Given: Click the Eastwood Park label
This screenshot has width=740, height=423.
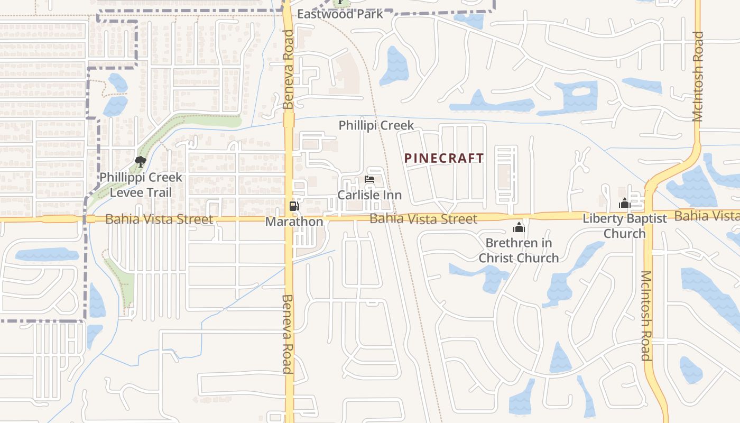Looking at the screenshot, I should point(340,14).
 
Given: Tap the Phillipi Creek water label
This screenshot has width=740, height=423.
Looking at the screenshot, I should point(376,125).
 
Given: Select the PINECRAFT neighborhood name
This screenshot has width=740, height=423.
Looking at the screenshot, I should point(444,158).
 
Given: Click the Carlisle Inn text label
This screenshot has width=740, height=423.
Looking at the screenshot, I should point(369,195).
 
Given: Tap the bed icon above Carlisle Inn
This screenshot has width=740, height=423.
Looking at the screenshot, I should point(369,180).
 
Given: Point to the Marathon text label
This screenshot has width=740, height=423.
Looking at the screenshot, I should point(294,222).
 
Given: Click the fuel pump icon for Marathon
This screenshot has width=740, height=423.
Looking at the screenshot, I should point(294,206).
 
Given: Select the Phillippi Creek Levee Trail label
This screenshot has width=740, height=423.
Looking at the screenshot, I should point(141,185).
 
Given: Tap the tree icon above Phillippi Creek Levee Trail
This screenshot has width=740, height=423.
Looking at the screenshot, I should point(140,161).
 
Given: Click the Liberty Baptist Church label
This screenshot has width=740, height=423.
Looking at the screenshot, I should point(625,226).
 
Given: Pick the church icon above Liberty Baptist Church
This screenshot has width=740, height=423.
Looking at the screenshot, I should point(624,203).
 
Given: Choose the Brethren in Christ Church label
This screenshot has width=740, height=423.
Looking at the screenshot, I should point(519,251).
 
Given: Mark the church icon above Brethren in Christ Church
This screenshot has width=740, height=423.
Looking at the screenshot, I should point(519,227).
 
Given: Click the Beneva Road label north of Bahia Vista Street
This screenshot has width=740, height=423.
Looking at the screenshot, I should point(288,69).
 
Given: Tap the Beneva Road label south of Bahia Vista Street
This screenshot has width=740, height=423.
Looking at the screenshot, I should point(288,334).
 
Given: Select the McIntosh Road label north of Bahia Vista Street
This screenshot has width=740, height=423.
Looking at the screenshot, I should point(698,76).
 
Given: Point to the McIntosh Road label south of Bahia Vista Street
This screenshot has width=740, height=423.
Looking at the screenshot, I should point(646,316).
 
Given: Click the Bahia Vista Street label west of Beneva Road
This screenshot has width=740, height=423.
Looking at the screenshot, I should point(159,219).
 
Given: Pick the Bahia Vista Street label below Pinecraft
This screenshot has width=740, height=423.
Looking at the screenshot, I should point(423,218).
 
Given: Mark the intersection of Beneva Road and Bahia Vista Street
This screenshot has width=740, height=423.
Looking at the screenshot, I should point(289,217).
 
